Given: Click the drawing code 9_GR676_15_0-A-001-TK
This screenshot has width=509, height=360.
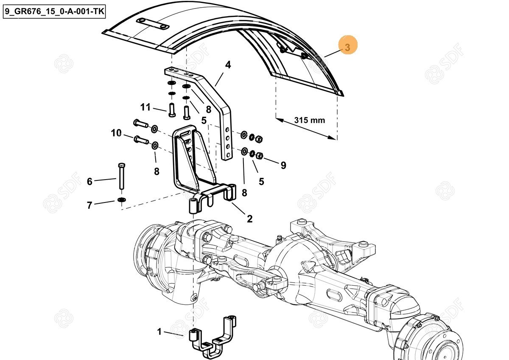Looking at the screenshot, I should click(54, 12).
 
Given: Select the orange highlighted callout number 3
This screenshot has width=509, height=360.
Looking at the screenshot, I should click(348, 47).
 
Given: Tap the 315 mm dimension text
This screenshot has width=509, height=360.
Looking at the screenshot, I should click(310, 120).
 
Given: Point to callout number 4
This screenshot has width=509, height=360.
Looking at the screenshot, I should click(228, 65).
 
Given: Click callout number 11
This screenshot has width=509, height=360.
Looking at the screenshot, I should click(145, 107).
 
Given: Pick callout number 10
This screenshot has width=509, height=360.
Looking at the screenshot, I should click(116, 133).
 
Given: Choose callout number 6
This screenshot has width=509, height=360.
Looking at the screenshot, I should click(89, 182).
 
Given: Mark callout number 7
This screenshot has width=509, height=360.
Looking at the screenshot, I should click(89, 205).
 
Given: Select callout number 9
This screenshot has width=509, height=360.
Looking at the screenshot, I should click(283, 165).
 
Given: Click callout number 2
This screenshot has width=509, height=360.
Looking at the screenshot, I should click(249, 219).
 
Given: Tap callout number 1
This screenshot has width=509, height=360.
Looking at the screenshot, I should click(159, 332).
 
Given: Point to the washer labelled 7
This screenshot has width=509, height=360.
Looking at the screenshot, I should click(122, 200).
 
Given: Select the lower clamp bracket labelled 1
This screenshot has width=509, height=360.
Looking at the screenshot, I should click(212, 337).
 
